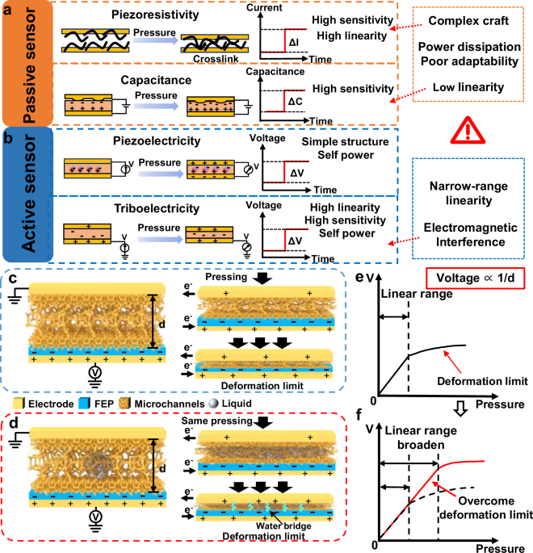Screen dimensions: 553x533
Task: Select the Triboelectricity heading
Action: pyautogui.click(x=141, y=208)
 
